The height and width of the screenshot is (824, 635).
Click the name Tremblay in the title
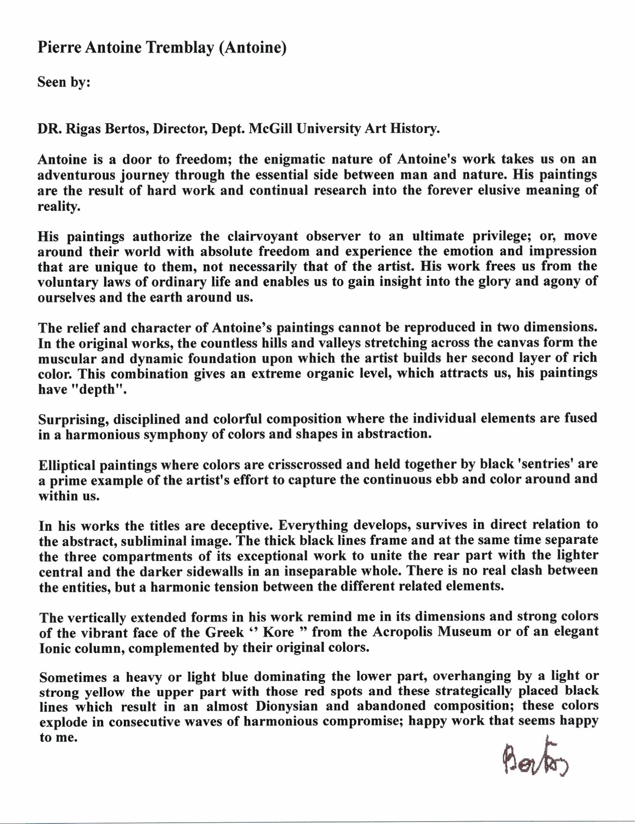pyautogui.click(x=179, y=48)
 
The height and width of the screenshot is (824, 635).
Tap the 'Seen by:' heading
pyautogui.click(x=64, y=82)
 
